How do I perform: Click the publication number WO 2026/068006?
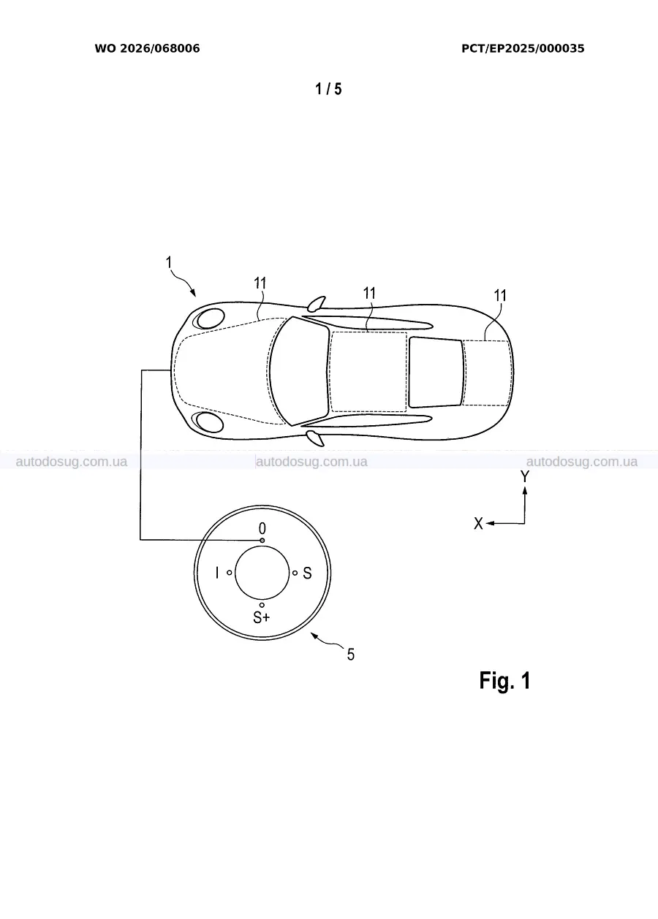pos(148,48)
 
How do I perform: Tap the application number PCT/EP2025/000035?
pos(523,48)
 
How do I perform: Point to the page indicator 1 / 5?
pos(328,88)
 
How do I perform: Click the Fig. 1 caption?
pos(505,680)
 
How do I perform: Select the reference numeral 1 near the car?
pos(169,262)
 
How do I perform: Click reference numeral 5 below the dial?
pos(350,655)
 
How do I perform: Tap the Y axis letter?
pos(525,476)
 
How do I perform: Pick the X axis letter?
pos(478,524)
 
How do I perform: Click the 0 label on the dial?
pos(262,528)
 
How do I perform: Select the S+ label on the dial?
pos(261,617)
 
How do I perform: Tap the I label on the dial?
pos(217,573)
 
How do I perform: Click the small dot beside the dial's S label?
pos(295,573)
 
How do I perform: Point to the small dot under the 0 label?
pos(262,541)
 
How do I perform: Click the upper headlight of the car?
pos(211,318)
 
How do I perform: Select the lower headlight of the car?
pos(210,422)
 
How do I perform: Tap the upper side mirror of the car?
pos(317,302)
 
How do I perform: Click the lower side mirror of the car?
pos(316,438)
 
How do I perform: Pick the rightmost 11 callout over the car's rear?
pos(500,295)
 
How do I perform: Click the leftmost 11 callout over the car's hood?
pos(260,283)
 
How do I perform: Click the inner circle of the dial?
pos(262,573)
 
